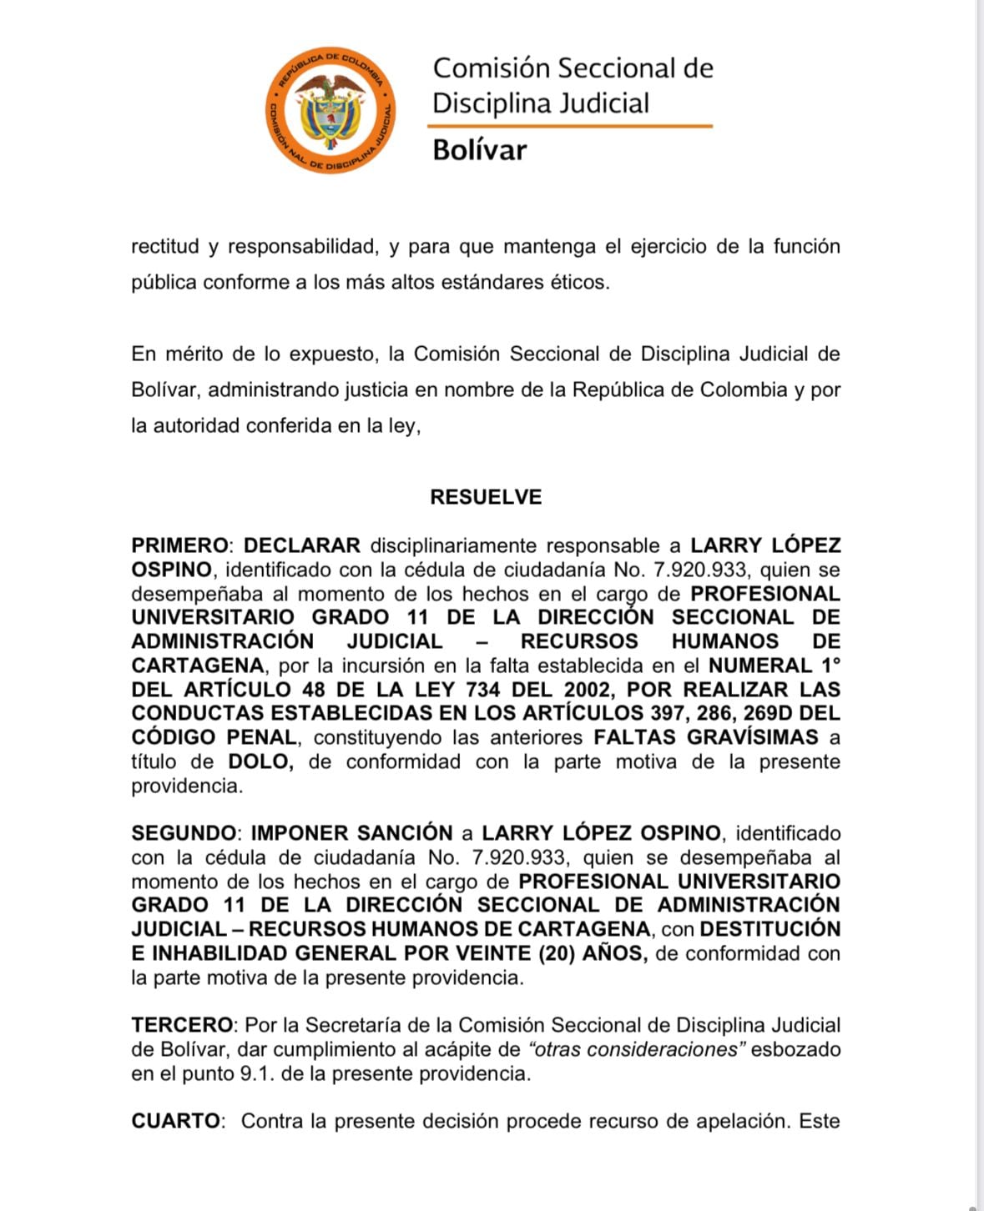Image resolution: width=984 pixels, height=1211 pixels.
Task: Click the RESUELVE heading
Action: pos(486,497)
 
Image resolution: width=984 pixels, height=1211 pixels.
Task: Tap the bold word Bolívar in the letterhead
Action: pos(479,150)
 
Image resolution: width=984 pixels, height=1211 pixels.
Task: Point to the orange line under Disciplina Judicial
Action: pos(570,126)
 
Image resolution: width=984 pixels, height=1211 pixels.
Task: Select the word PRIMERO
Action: pos(179,546)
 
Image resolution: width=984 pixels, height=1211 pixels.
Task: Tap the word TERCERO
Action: pos(181,1025)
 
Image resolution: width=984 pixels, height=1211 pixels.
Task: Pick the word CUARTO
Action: pos(176,1121)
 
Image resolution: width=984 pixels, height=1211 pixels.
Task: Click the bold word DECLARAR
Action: pos(301,546)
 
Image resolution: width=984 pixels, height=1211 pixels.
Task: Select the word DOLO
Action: pos(259,761)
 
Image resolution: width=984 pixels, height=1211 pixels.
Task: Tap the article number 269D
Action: pos(750,714)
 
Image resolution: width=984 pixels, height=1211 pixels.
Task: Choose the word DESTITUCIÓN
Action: pos(770,929)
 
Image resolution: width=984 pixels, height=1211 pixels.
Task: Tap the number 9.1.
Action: pos(256,1073)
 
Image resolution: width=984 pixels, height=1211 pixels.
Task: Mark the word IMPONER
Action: pos(300,833)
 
